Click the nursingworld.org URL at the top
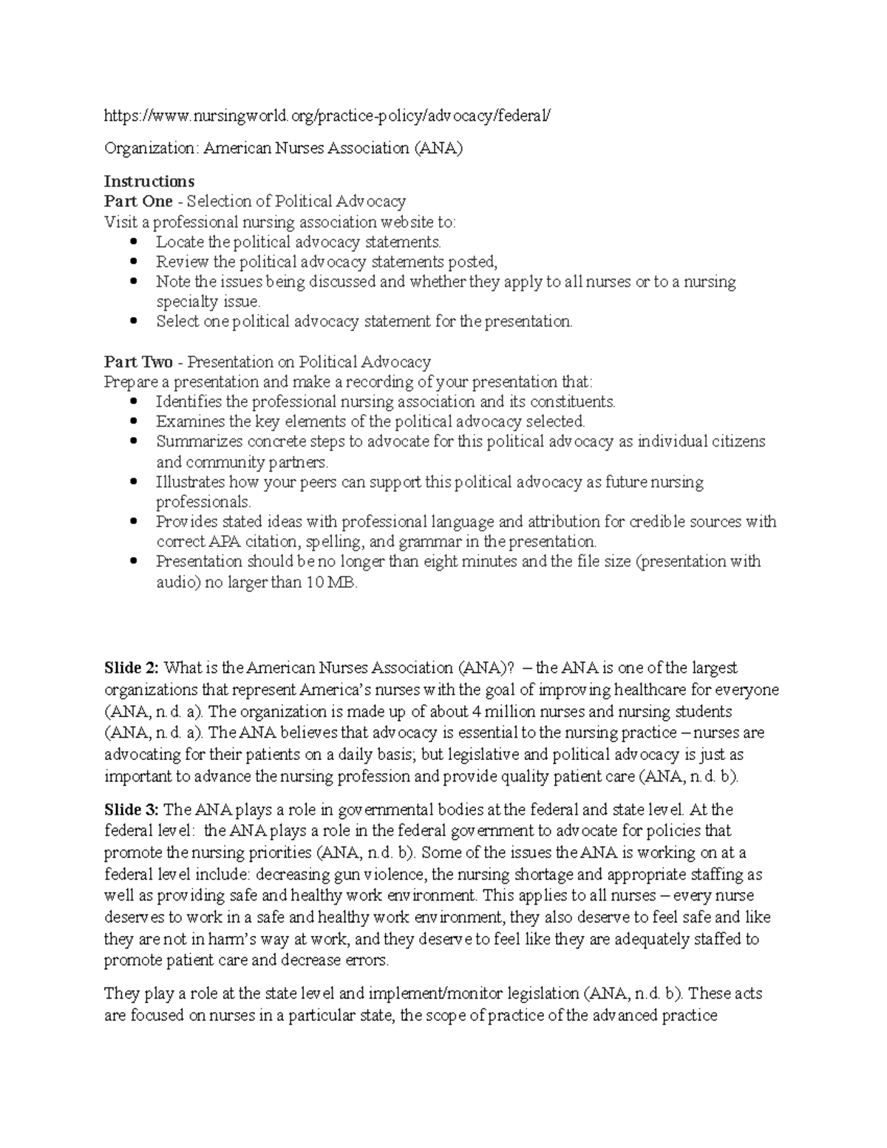327,115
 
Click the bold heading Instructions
149,181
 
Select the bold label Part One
138,201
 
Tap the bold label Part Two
138,361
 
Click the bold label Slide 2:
131,668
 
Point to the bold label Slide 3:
131,809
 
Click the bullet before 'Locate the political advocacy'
134,242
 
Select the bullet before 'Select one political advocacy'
134,322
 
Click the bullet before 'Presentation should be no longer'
134,562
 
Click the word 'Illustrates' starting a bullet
190,482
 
